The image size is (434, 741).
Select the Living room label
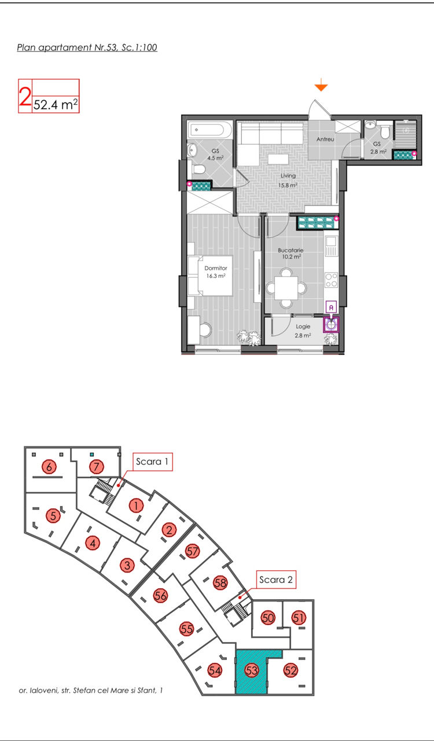[288, 175]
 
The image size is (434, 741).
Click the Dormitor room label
[216, 268]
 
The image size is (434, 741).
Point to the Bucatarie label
[290, 251]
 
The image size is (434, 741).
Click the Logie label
[303, 327]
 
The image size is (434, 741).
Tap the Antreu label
[325, 140]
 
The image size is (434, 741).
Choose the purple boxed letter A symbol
[331, 307]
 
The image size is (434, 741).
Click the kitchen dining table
[286, 288]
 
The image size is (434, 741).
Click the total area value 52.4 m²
[56, 105]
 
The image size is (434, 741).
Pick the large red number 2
[25, 96]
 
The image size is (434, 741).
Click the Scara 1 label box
[152, 461]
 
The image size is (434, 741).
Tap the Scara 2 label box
[276, 579]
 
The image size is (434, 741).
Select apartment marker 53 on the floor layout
[251, 670]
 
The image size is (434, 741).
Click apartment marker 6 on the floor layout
[49, 467]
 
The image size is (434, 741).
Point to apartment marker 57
[193, 551]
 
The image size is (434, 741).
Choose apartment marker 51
[299, 618]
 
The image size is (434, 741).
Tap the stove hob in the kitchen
[331, 280]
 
